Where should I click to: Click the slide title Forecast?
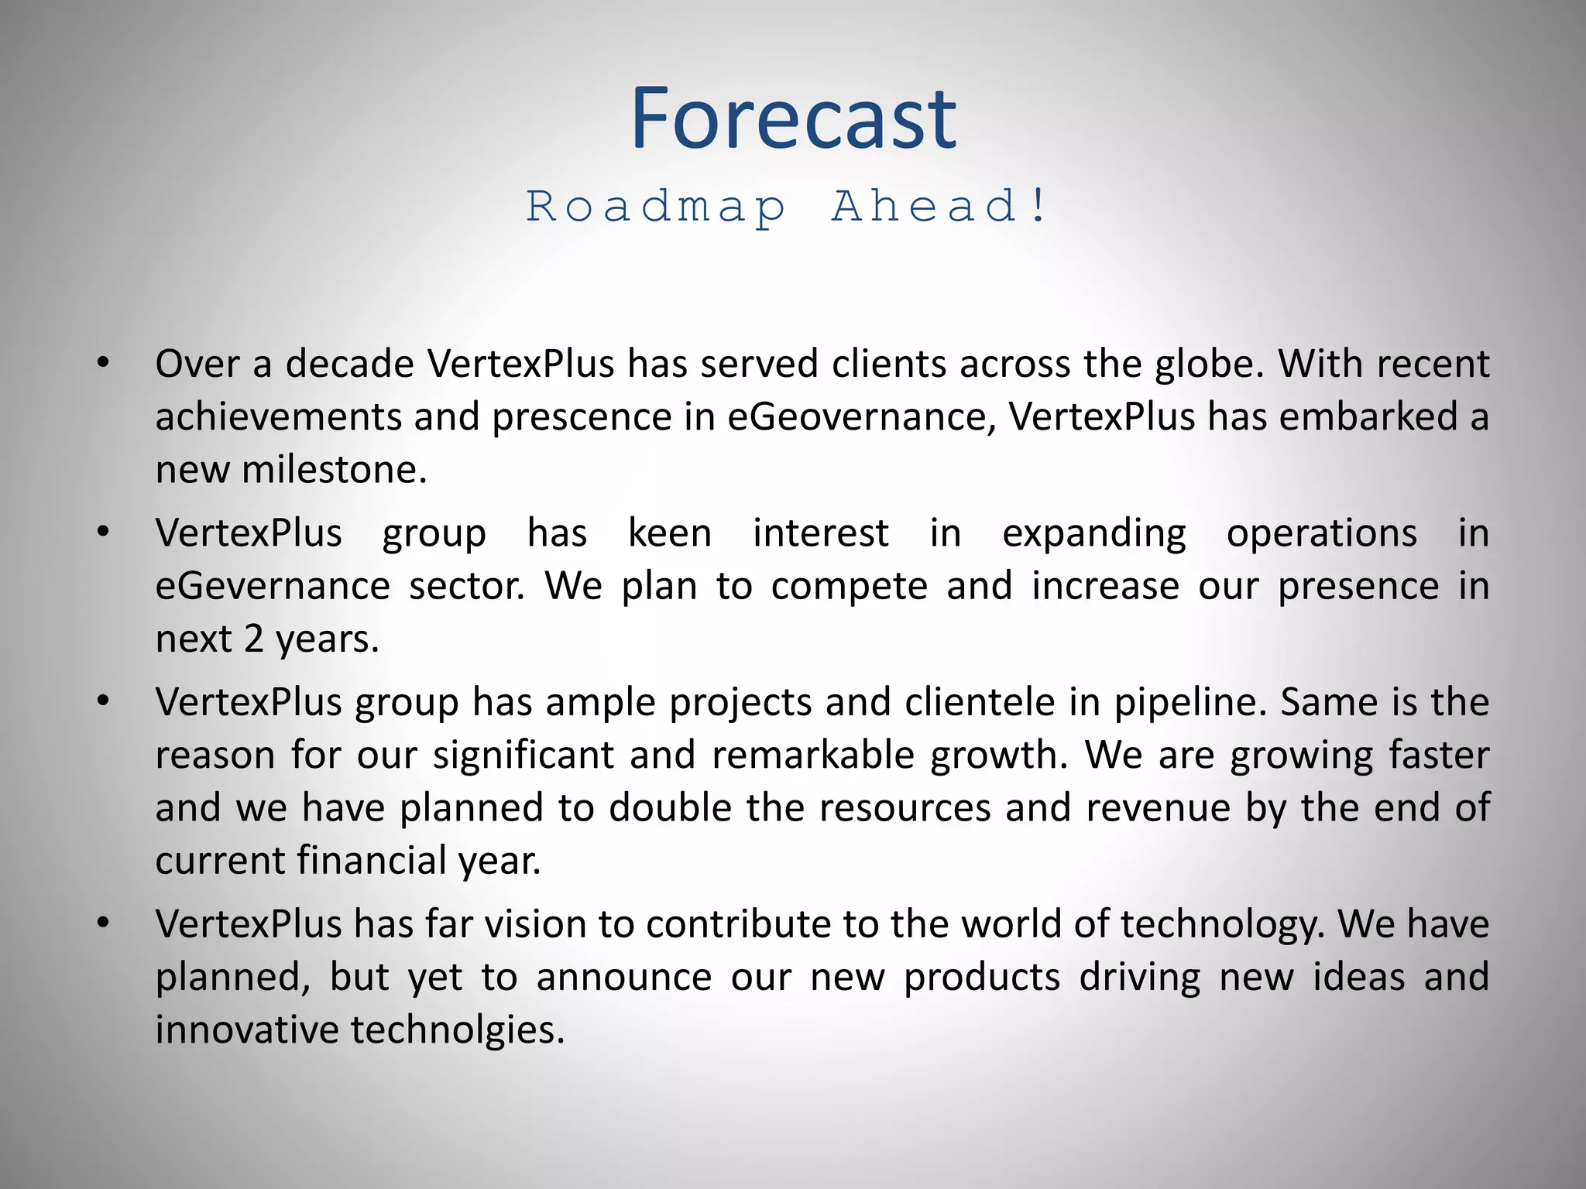tap(793, 120)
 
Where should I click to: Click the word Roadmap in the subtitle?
tap(657, 207)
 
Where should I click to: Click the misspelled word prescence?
tap(582, 417)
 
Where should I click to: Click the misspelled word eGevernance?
tap(272, 586)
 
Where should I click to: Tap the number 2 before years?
tap(254, 639)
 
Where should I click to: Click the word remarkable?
tap(813, 756)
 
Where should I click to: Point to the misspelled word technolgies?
tap(457, 1030)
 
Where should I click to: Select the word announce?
tap(623, 977)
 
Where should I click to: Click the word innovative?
tap(246, 1030)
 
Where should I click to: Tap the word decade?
tap(349, 364)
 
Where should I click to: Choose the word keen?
tap(669, 533)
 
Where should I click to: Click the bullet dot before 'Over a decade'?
tap(103, 363)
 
